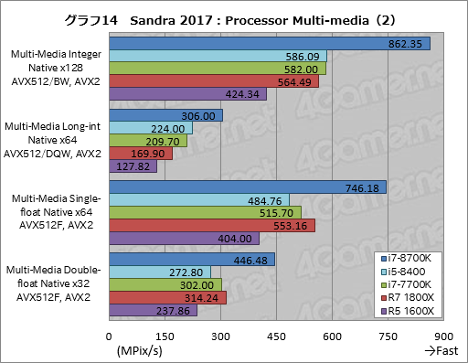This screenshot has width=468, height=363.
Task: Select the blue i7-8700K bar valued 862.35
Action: click(269, 43)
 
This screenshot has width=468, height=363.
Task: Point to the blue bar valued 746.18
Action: click(247, 187)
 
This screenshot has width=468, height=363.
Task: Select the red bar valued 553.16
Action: click(211, 225)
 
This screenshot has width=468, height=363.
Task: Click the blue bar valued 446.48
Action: click(191, 259)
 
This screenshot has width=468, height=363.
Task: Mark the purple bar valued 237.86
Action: click(153, 310)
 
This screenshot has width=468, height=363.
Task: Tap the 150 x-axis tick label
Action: click(165, 335)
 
